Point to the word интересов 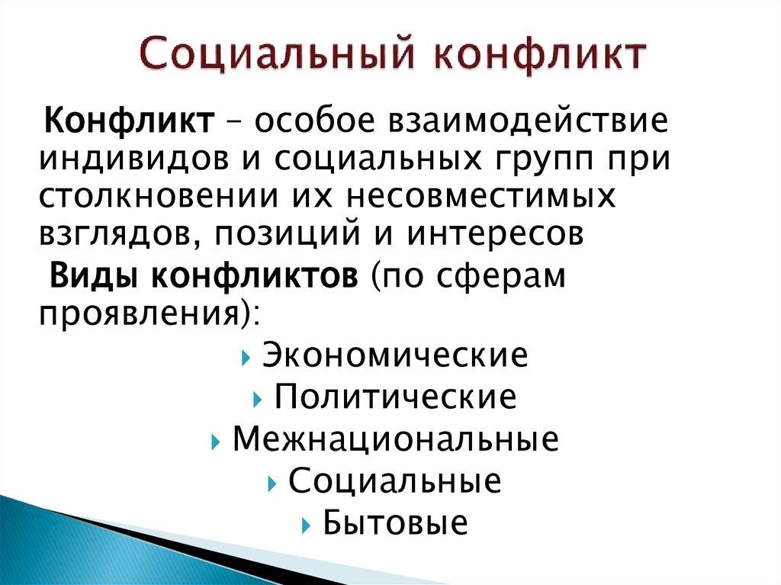pos(497,234)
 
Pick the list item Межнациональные pos(395,439)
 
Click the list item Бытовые pos(394,523)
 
